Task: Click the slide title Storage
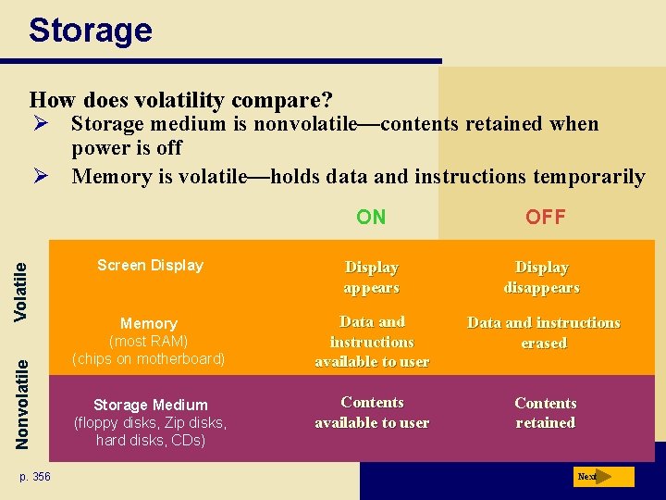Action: pyautogui.click(x=90, y=31)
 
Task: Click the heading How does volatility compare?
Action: pyautogui.click(x=181, y=99)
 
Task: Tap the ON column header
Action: pyautogui.click(x=371, y=218)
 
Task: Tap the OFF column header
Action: pyautogui.click(x=545, y=218)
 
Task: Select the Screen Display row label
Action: pyautogui.click(x=150, y=266)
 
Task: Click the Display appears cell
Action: pyautogui.click(x=371, y=277)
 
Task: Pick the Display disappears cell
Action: pyautogui.click(x=542, y=277)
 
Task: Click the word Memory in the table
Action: pyautogui.click(x=148, y=323)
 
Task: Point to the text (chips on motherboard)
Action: pyautogui.click(x=148, y=358)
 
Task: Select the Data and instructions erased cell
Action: pyautogui.click(x=544, y=332)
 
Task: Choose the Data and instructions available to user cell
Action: pyautogui.click(x=372, y=342)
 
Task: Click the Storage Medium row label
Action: pyautogui.click(x=150, y=405)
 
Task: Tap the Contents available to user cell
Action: pyautogui.click(x=372, y=412)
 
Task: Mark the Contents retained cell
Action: pyautogui.click(x=545, y=413)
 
